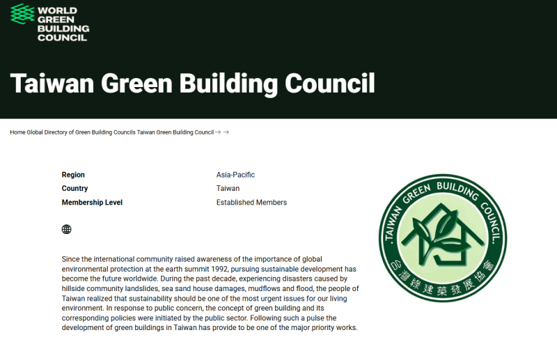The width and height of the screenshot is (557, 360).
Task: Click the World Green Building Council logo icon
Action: click(22, 13)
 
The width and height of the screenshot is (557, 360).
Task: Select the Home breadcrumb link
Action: click(17, 132)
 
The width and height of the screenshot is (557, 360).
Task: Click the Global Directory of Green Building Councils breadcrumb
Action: click(81, 132)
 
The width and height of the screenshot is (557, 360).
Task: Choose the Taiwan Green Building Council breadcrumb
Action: click(175, 132)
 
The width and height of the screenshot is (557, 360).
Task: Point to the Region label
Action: click(73, 175)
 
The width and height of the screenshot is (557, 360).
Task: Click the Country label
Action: click(74, 189)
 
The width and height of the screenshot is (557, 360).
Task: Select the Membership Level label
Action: click(92, 203)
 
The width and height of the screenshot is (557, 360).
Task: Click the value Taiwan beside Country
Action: click(228, 189)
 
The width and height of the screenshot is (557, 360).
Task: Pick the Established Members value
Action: click(251, 203)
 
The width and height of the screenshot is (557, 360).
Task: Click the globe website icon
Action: click(67, 229)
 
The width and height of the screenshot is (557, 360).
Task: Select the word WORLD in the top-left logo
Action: click(58, 11)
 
